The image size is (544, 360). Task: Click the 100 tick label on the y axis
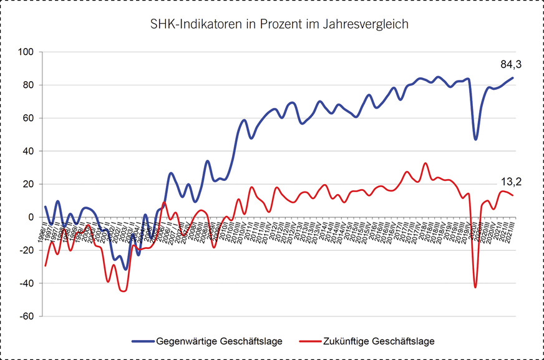coord(26,52)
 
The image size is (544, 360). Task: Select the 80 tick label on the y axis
coord(28,85)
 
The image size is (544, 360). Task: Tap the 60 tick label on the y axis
coord(28,118)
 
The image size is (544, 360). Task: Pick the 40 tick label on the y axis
coord(28,151)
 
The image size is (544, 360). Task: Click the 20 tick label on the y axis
coord(28,184)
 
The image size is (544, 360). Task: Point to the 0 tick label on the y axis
coord(31,217)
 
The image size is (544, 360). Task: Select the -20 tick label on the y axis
coord(26,250)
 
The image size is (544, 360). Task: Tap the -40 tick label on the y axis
coord(26,283)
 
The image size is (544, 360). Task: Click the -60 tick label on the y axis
coord(26,316)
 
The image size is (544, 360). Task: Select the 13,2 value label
coord(511,182)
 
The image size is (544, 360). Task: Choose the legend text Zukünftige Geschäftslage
coord(379,341)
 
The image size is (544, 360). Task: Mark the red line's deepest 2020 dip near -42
coord(475,287)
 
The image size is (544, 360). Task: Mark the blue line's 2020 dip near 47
coord(476,139)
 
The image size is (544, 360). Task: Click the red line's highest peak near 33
coord(425,163)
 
